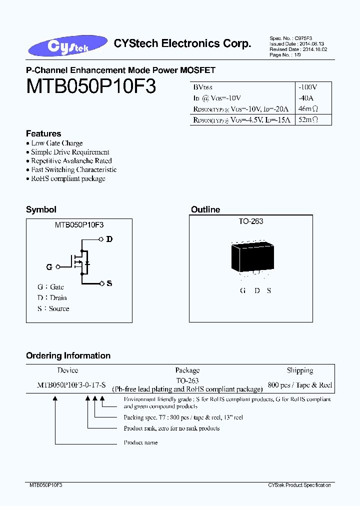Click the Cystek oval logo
click(x=67, y=45)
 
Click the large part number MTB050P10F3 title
click(x=91, y=87)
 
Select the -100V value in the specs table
click(x=307, y=87)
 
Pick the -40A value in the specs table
click(x=304, y=98)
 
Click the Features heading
click(x=43, y=133)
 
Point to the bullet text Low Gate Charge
click(x=57, y=143)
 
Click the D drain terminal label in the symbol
click(x=109, y=239)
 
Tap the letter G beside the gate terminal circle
click(x=49, y=267)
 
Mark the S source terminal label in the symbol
click(x=109, y=283)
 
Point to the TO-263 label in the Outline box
click(x=251, y=221)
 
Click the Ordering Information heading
click(x=68, y=355)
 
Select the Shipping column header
click(x=299, y=370)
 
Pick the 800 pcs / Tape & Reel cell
click(x=299, y=385)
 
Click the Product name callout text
click(x=140, y=442)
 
